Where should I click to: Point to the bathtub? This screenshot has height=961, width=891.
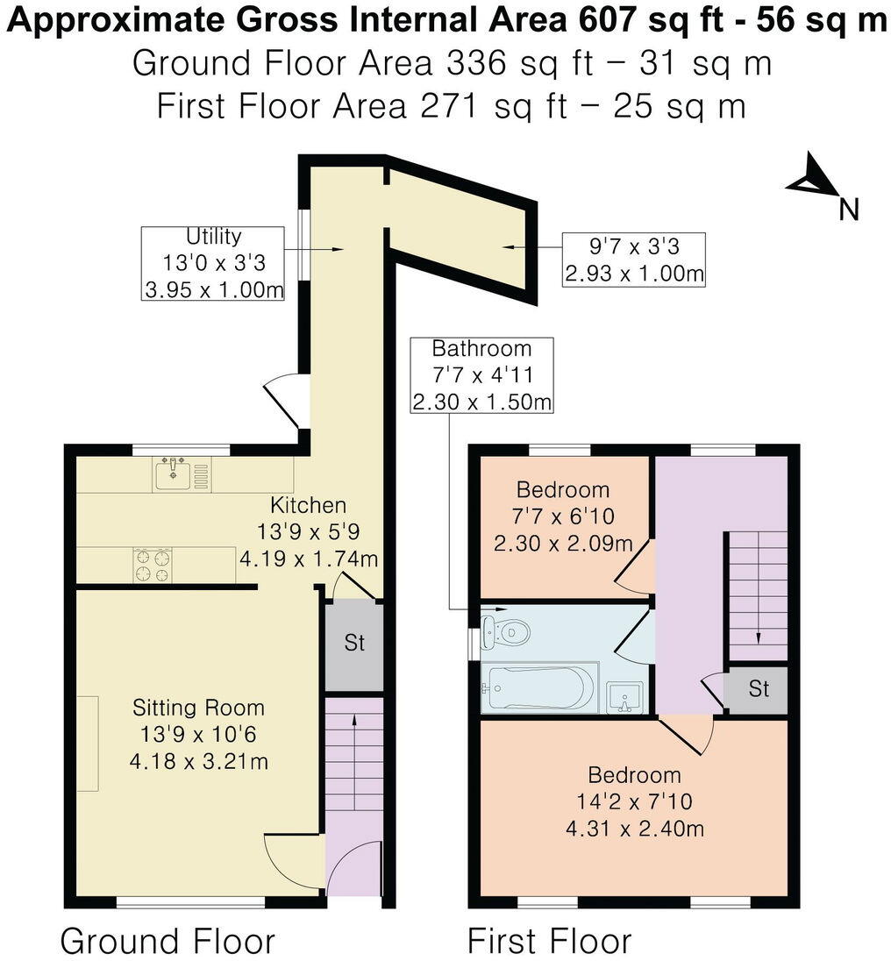click(x=538, y=689)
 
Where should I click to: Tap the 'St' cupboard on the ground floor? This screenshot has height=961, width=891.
click(x=353, y=644)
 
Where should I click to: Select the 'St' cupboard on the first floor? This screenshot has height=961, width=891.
click(x=758, y=689)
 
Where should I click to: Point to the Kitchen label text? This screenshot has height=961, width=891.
click(x=308, y=505)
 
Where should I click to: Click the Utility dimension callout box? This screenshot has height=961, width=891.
click(x=213, y=263)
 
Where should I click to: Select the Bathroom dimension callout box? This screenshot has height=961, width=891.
click(x=481, y=374)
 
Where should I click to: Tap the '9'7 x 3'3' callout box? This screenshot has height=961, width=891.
click(x=634, y=260)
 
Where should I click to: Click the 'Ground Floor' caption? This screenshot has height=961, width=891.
click(x=168, y=941)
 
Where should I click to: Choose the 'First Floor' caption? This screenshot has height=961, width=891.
click(x=549, y=941)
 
